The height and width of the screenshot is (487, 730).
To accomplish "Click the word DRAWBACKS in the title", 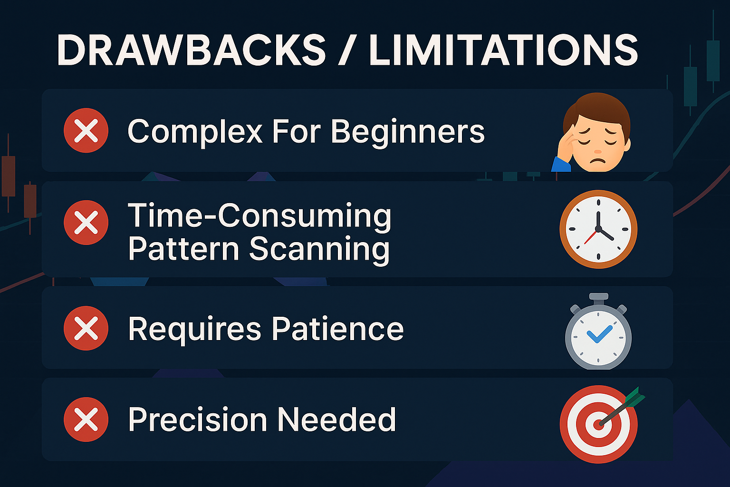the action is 192,50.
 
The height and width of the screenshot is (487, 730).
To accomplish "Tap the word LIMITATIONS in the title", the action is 503,50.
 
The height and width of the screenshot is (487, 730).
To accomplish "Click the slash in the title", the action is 347,50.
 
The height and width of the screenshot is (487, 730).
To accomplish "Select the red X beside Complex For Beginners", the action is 86,130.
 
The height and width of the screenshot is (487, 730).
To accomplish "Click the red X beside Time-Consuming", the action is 86,223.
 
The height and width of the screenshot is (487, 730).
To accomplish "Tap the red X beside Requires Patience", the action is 86,328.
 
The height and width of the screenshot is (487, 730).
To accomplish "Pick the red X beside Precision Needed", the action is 86,419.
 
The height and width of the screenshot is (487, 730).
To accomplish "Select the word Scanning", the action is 319,250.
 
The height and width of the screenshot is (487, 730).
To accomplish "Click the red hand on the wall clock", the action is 591,237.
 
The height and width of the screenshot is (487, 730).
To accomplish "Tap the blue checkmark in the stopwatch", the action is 599,334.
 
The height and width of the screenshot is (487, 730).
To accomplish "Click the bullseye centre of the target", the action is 598,424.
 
